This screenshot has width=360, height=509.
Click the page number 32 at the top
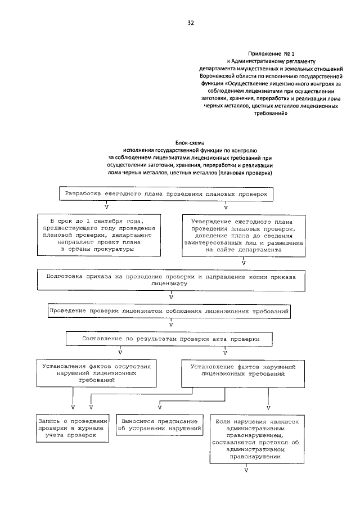click(x=191, y=23)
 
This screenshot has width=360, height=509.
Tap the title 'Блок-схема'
click(x=190, y=143)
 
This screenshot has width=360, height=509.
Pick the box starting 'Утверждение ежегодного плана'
click(x=243, y=236)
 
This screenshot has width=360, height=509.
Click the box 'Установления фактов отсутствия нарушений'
click(x=96, y=373)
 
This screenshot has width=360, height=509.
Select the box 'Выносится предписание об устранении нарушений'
click(x=160, y=425)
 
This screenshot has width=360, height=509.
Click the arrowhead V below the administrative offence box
click(x=246, y=469)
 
